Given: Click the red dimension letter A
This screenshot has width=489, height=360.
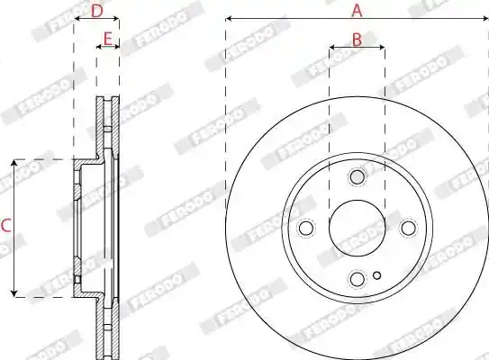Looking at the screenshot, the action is (x=358, y=10).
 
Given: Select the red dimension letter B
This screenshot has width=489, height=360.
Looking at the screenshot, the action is (x=357, y=40).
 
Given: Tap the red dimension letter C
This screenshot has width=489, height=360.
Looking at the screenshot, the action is (x=6, y=226).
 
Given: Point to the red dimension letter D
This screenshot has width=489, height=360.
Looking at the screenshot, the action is (x=96, y=11).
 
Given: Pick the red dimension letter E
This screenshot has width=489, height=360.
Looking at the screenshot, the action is (x=107, y=40).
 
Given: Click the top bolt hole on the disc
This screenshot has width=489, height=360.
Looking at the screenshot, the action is (x=358, y=176).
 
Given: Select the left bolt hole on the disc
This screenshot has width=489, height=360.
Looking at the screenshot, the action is (x=306, y=228).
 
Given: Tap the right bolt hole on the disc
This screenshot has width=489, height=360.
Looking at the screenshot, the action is (x=408, y=228).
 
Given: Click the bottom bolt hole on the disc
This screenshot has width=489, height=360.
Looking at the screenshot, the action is (x=358, y=279).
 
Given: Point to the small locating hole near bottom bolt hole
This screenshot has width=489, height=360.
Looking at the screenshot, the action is (x=377, y=275).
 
